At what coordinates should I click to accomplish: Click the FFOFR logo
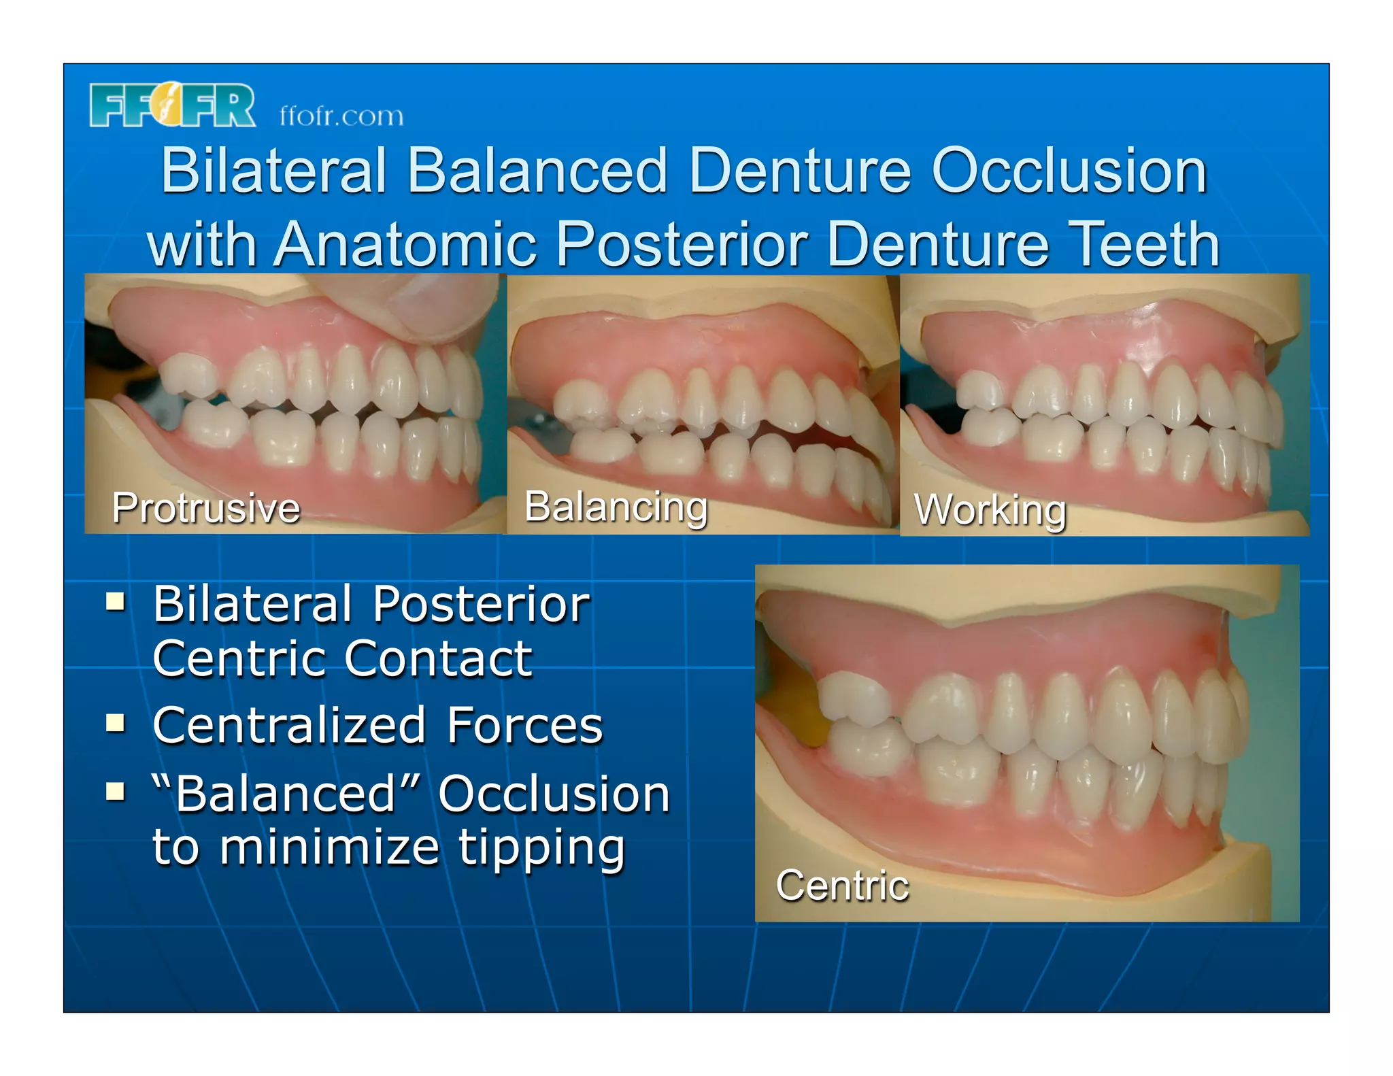(x=172, y=105)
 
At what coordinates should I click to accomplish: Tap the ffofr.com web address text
(x=341, y=116)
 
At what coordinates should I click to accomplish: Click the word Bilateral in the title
(x=273, y=171)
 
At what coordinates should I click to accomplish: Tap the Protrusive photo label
(x=205, y=507)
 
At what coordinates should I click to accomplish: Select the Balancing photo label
(x=616, y=507)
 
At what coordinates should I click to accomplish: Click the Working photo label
(x=990, y=510)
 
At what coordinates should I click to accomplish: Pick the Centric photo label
(x=842, y=885)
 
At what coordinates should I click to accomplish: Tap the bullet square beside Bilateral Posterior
(x=116, y=602)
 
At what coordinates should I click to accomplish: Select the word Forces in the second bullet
(x=524, y=725)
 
